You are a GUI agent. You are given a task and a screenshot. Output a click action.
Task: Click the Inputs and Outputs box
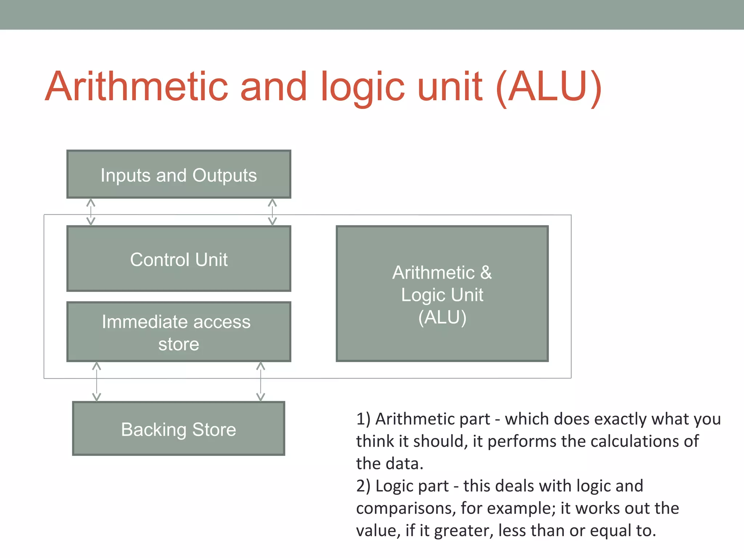[x=179, y=174]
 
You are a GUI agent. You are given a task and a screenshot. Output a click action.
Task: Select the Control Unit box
[x=179, y=259]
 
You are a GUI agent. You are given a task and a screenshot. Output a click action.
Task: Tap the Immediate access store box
[x=179, y=332]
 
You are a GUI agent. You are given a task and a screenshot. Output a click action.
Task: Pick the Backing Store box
[x=179, y=429]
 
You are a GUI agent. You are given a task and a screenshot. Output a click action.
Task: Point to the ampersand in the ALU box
[x=486, y=272]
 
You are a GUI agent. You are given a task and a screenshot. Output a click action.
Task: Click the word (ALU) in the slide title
[x=549, y=87]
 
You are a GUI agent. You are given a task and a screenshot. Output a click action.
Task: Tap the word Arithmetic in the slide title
[x=136, y=87]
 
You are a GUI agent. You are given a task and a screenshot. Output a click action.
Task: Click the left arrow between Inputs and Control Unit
[x=91, y=212]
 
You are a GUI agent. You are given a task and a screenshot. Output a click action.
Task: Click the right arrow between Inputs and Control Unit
[x=272, y=212]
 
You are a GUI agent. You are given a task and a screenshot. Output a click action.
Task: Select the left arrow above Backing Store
[x=96, y=381]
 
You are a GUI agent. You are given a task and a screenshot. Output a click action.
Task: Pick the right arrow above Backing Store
[x=260, y=381]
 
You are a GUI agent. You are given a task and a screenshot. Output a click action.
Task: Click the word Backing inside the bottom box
[x=154, y=430]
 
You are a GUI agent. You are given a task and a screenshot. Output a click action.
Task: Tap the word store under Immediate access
[x=179, y=344]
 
